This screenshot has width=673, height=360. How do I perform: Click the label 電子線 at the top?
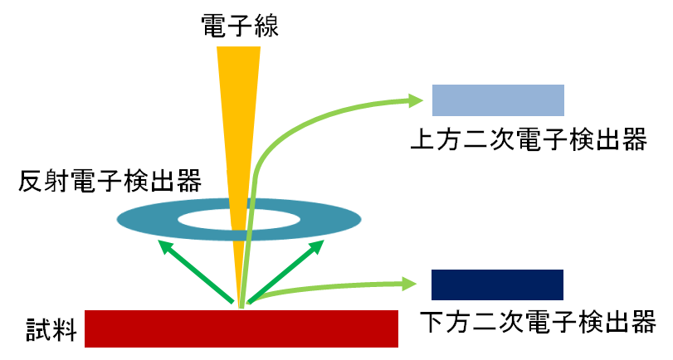click(239, 27)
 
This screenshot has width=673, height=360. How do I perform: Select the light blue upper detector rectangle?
click(498, 100)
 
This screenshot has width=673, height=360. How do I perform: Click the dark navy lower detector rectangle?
click(498, 285)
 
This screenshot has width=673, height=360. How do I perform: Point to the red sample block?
click(241, 328)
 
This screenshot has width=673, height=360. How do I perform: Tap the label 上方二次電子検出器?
click(529, 139)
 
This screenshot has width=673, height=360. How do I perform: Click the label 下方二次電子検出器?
click(538, 321)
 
